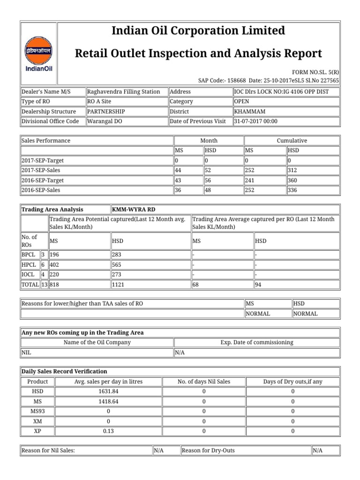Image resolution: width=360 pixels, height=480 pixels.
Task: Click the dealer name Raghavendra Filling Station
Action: (x=124, y=92)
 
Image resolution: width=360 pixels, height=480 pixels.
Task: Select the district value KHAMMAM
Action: (x=249, y=112)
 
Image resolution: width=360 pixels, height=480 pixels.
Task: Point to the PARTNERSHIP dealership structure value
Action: (x=106, y=112)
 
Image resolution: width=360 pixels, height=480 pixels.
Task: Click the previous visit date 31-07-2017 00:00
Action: (x=255, y=121)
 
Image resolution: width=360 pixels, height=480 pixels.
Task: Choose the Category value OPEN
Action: (x=241, y=102)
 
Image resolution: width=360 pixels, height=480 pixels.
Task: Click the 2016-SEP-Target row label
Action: (x=43, y=180)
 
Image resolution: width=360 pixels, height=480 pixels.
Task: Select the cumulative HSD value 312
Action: (x=293, y=171)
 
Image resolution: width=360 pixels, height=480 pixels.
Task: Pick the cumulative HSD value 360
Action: (x=293, y=180)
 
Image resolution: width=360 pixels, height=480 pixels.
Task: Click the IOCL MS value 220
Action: (x=55, y=274)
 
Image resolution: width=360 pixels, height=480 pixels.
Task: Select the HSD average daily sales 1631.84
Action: (x=108, y=391)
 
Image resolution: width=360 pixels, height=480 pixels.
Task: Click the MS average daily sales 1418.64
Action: (x=108, y=401)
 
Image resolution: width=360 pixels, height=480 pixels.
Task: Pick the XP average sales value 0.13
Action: (x=108, y=431)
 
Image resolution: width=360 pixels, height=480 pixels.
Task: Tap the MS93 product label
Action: (x=37, y=411)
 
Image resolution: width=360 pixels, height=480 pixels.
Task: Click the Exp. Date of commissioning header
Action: (x=256, y=342)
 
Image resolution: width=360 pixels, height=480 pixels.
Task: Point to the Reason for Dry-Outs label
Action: (x=208, y=450)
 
